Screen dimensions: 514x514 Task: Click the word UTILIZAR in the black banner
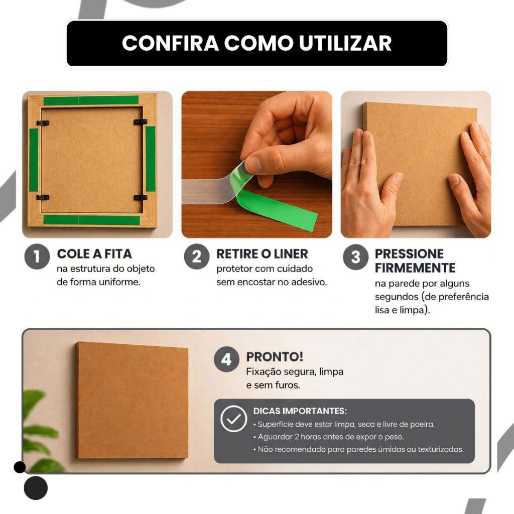pyautogui.click(x=345, y=43)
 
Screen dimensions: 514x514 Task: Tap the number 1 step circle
pyautogui.click(x=37, y=256)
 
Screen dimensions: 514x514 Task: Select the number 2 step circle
pyautogui.click(x=196, y=256)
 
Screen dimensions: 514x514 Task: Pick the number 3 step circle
pyautogui.click(x=356, y=257)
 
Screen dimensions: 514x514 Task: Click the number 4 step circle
pyautogui.click(x=226, y=359)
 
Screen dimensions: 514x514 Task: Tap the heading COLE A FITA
pyautogui.click(x=94, y=253)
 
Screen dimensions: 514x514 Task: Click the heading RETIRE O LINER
pyautogui.click(x=262, y=253)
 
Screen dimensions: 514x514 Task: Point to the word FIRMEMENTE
pyautogui.click(x=415, y=268)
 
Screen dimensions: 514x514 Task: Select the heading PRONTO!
pyautogui.click(x=275, y=357)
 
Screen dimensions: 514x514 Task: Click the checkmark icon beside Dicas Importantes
pyautogui.click(x=233, y=419)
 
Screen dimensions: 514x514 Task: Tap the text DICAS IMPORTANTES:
pyautogui.click(x=300, y=411)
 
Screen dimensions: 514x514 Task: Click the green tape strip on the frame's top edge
pyautogui.click(x=91, y=100)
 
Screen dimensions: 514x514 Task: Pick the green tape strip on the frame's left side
pyautogui.click(x=34, y=160)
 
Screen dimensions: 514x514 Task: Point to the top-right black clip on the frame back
pyautogui.click(x=141, y=122)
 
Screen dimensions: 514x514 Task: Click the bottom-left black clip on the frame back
pyautogui.click(x=43, y=197)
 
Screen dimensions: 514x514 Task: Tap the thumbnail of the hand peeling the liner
pyautogui.click(x=256, y=164)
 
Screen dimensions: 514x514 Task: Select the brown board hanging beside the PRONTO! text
pyautogui.click(x=132, y=400)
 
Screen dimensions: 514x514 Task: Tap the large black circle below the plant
pyautogui.click(x=36, y=488)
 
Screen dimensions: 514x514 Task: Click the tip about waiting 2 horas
pyautogui.click(x=328, y=437)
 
